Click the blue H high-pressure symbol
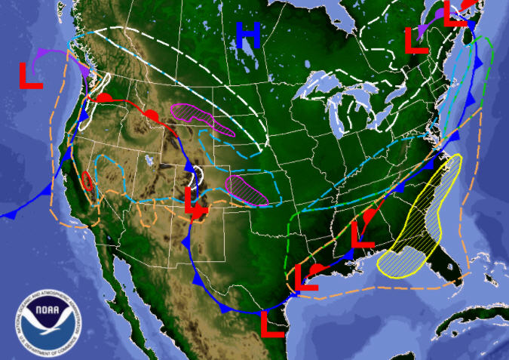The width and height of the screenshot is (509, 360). click(x=248, y=35)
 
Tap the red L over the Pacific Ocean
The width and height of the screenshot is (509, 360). click(x=31, y=75)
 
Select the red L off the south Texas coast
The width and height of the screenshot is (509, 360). click(x=272, y=323)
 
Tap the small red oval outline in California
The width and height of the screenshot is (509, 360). click(x=87, y=181)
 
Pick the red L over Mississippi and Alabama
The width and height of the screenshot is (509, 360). click(x=363, y=234)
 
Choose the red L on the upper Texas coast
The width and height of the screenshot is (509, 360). click(x=307, y=277)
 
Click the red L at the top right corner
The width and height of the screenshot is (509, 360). click(x=455, y=13)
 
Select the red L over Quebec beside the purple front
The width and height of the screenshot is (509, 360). click(x=416, y=40)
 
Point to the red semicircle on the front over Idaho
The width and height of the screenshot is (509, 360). click(x=152, y=115)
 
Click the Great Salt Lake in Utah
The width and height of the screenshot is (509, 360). click(x=148, y=161)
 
